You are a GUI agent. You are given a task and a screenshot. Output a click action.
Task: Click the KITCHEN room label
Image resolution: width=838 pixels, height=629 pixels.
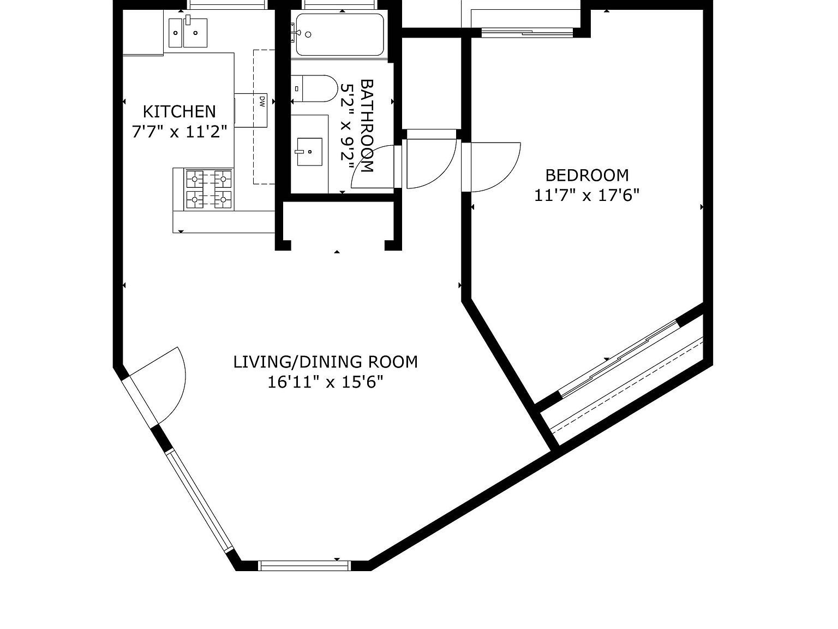click(x=179, y=111)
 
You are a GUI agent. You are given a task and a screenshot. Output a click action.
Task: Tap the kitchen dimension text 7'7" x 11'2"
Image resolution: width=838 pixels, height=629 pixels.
click(x=179, y=132)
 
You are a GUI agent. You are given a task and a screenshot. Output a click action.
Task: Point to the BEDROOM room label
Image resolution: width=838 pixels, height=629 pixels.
click(x=586, y=175)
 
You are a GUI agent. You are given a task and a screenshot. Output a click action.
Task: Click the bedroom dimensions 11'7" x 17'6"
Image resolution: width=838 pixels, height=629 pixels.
click(x=586, y=195)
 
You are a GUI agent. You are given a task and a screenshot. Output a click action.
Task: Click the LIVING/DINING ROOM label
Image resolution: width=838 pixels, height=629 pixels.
click(x=325, y=362)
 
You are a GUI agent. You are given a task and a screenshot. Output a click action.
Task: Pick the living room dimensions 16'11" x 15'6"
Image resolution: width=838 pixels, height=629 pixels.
click(x=325, y=382)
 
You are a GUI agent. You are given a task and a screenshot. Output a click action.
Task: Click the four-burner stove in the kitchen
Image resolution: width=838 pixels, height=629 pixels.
click(x=209, y=190)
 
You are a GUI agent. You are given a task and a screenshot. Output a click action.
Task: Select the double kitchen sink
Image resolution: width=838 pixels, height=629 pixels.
click(x=187, y=32)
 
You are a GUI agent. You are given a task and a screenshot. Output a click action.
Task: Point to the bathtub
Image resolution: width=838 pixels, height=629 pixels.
click(x=339, y=35)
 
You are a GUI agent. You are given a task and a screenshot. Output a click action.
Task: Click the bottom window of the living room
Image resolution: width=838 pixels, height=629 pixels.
click(x=304, y=566)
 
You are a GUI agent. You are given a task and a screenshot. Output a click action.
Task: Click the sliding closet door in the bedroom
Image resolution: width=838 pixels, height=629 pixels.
click(x=620, y=358)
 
